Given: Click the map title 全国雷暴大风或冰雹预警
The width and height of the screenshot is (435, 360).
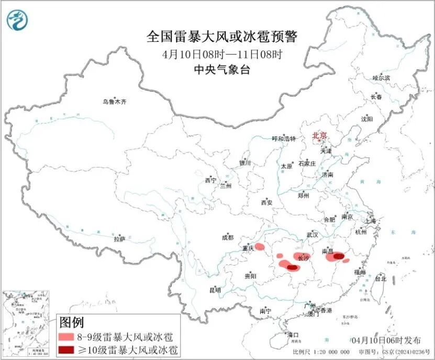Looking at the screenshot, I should click(222, 37).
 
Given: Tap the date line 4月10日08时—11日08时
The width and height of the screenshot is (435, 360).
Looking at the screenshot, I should click(222, 54).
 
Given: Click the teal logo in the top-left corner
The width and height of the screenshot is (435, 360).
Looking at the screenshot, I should click(17, 19).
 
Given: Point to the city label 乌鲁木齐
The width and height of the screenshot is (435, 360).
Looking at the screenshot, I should click(114, 102).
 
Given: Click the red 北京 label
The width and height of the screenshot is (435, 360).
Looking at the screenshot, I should click(319, 136).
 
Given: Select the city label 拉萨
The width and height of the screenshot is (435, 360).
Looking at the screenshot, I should click(120, 239).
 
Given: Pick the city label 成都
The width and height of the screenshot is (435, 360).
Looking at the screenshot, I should click(228, 237).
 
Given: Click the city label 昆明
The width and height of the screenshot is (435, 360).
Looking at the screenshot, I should click(215, 290).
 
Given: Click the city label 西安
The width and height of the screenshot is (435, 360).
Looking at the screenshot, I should click(267, 202).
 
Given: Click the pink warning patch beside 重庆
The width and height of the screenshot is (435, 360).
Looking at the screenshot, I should click(260, 247).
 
